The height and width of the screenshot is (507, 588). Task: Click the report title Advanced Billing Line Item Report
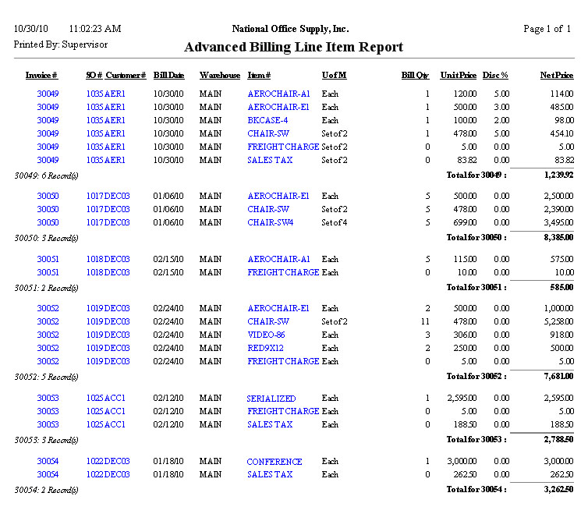(x=293, y=47)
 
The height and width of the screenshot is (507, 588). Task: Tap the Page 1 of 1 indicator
(x=547, y=29)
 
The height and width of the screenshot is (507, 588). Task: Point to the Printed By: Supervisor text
(x=51, y=44)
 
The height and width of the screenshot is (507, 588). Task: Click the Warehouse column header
(x=220, y=76)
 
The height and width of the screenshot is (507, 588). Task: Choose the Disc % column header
(x=495, y=76)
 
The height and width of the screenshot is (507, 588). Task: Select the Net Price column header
(x=557, y=76)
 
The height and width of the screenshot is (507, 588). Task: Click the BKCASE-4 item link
(x=267, y=120)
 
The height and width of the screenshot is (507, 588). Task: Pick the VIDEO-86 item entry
(x=266, y=335)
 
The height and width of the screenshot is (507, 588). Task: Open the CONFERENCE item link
(x=275, y=461)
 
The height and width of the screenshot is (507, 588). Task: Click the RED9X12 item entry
(x=266, y=348)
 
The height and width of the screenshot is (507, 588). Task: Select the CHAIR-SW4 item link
(x=270, y=222)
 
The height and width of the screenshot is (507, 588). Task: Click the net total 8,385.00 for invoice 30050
(x=557, y=237)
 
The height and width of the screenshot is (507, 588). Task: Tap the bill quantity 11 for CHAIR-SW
(x=425, y=321)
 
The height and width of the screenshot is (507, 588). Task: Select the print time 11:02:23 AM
(x=94, y=29)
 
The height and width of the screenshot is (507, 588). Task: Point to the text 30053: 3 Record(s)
(x=47, y=440)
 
